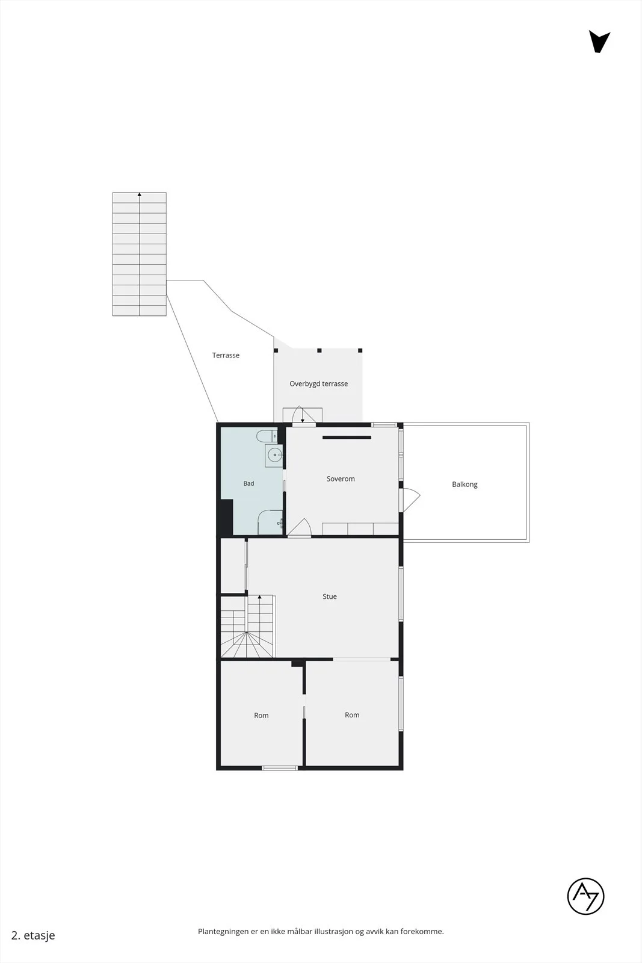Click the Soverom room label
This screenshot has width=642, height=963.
pyautogui.click(x=341, y=479)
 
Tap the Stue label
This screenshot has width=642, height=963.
pyautogui.click(x=330, y=596)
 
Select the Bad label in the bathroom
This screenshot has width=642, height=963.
pyautogui.click(x=249, y=484)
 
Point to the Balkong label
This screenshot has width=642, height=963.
pyautogui.click(x=465, y=485)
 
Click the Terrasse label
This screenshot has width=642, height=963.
pyautogui.click(x=226, y=355)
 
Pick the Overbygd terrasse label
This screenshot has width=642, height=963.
pyautogui.click(x=318, y=384)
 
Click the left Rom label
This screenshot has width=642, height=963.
pyautogui.click(x=261, y=716)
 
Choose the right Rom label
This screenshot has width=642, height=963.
pyautogui.click(x=352, y=715)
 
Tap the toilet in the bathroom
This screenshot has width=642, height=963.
pyautogui.click(x=267, y=436)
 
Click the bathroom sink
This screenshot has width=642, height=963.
pyautogui.click(x=274, y=456)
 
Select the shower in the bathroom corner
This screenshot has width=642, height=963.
pyautogui.click(x=270, y=522)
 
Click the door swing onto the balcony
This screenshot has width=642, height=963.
pyautogui.click(x=411, y=500)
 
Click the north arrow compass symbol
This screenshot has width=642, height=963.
pyautogui.click(x=599, y=42)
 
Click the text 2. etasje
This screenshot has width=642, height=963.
pyautogui.click(x=33, y=935)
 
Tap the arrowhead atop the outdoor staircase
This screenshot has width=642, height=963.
pyautogui.click(x=139, y=194)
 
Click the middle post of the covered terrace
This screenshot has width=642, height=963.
pyautogui.click(x=319, y=350)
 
